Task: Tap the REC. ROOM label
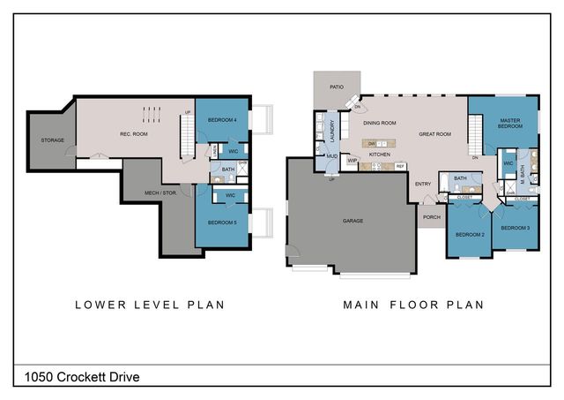[132, 134]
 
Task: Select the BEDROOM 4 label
[222, 119]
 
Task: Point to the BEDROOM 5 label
[222, 223]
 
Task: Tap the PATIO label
[337, 87]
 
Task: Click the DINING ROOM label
[380, 123]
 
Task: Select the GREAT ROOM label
[435, 134]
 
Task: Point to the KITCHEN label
[380, 154]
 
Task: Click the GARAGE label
[352, 220]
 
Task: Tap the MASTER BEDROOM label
[508, 125]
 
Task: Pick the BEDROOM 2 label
[470, 234]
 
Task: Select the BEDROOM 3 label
[516, 228]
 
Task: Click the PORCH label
[432, 215]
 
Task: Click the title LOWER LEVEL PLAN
[149, 305]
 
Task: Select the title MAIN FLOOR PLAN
[414, 305]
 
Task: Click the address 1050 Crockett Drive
[77, 377]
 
